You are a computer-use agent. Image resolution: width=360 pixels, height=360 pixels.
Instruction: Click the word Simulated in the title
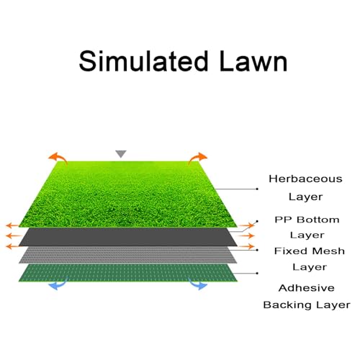coord(143,61)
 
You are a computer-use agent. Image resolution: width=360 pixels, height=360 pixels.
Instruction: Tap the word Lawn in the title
coord(253,61)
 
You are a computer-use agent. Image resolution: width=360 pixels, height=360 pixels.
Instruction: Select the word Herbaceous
coord(305,179)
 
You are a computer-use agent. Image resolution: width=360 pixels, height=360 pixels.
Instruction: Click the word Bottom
coord(318,220)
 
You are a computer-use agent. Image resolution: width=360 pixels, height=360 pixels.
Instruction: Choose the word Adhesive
coord(307,288)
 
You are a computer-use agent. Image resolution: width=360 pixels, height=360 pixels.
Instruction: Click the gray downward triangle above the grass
coord(121,153)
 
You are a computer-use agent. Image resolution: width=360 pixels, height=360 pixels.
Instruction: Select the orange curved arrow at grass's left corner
coord(58,158)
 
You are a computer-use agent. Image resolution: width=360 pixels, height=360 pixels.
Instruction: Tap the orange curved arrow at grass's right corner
coord(197,158)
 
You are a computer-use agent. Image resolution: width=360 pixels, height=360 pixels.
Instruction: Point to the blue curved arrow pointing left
coord(58,284)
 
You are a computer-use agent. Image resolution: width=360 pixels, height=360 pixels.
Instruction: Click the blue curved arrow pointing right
coord(198,284)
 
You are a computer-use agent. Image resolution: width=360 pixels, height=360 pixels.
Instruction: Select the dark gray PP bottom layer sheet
coord(128,237)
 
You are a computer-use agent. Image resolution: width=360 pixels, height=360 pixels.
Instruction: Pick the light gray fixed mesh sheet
coord(128,255)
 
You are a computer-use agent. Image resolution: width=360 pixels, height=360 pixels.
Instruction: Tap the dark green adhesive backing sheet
coord(128,273)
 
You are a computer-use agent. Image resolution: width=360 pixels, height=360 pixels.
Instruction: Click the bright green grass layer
coord(127,194)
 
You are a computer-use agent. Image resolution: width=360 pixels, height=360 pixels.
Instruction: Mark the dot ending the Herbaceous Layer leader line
coord(257,189)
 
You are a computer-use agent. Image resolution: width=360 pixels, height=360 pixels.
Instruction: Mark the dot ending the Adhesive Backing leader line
coord(257,273)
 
